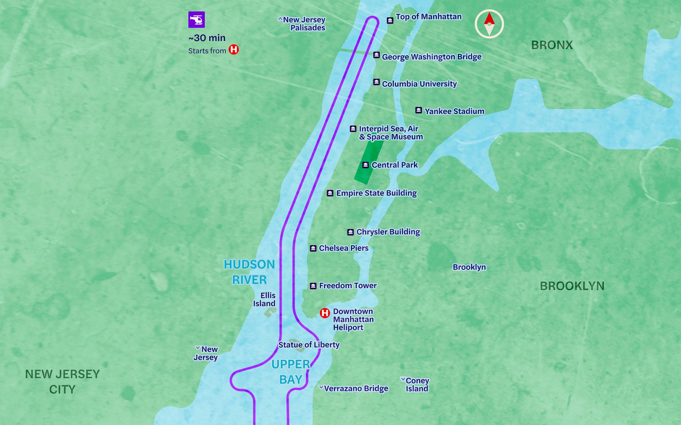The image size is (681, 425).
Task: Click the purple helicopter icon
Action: coord(196,20)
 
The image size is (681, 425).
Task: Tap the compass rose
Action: coord(489,24)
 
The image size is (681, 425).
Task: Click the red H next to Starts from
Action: coord(234,50)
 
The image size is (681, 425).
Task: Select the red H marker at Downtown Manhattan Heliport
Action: coord(325,313)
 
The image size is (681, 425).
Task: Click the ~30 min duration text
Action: coord(207,38)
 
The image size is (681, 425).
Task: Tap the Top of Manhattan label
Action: coord(428,17)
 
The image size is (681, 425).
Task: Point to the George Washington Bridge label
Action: coord(431,57)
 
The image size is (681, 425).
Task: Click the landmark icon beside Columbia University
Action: coord(376,82)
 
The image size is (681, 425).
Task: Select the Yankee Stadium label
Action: coord(454,111)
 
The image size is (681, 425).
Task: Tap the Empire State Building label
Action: coord(376,193)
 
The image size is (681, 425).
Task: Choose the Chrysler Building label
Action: coord(388,232)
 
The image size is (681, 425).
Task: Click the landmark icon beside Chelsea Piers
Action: coord(313,248)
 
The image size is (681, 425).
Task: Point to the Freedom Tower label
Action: coord(347,286)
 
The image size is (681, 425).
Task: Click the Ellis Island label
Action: coord(265,299)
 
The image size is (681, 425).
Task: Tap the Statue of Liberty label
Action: coord(309,345)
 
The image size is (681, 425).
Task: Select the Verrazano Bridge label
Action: coord(356,388)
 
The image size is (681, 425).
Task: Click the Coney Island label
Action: coord(417,385)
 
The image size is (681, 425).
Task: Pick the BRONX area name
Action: coord(552,45)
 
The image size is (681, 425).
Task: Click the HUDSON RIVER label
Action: coord(249,272)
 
